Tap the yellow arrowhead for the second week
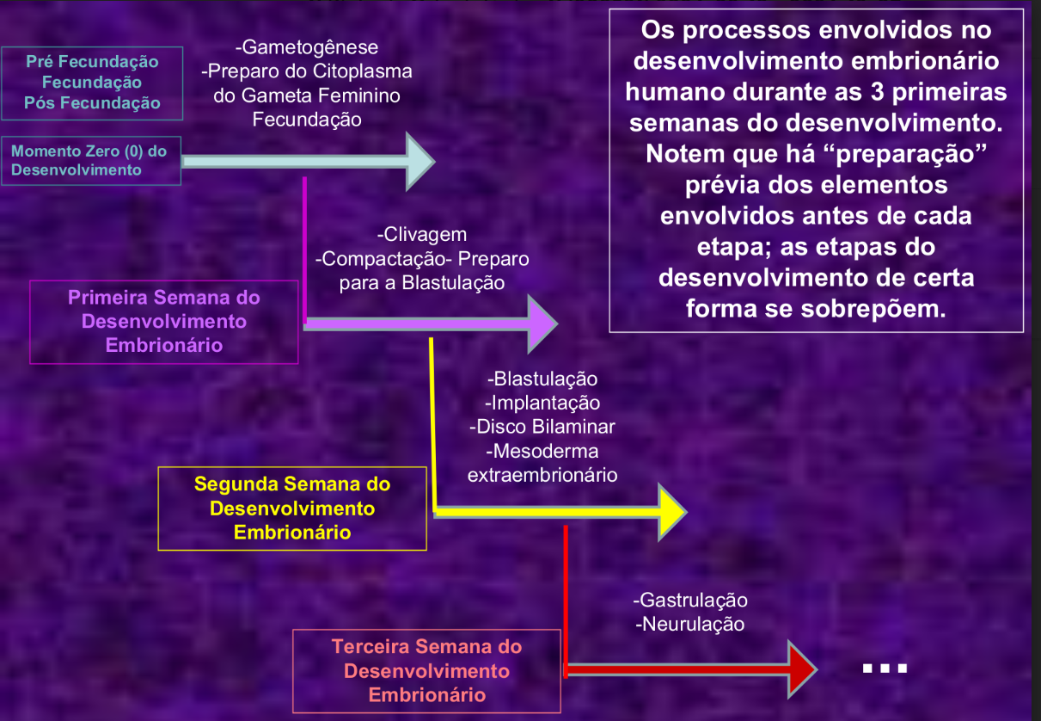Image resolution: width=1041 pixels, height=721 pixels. (671, 512)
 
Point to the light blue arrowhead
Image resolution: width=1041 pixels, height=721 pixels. (419, 161)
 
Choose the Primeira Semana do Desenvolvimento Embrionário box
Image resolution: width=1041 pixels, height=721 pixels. (163, 321)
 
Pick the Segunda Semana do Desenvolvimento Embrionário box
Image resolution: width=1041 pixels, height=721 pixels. (292, 508)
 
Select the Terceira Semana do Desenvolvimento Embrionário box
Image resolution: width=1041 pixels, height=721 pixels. (426, 670)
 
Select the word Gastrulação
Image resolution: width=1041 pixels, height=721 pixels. (693, 600)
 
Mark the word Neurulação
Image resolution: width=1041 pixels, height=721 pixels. (692, 624)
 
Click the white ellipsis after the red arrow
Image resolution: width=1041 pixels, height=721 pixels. (884, 669)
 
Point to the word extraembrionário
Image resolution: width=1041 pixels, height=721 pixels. (542, 474)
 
